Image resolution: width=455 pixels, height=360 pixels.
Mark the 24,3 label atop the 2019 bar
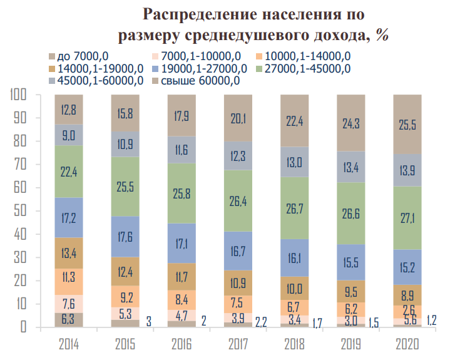352,125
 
